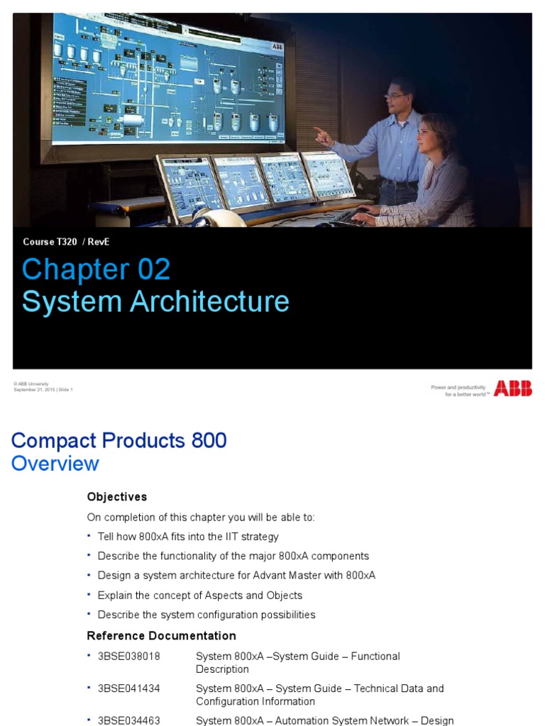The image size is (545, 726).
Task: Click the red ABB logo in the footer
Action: [x=512, y=388]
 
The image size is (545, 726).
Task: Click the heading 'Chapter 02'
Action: [x=96, y=269]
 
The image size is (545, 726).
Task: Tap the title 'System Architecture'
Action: [x=155, y=301]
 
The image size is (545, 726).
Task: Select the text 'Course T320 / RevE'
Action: [x=66, y=242]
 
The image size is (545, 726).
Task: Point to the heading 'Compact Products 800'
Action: [x=119, y=440]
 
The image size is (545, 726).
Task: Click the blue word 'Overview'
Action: [x=55, y=464]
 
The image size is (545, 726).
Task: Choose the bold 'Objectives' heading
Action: [x=116, y=496]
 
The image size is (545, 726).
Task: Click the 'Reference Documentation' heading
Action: [x=161, y=635]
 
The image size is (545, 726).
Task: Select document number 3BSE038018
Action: [x=128, y=657]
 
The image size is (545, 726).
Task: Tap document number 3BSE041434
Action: [x=128, y=688]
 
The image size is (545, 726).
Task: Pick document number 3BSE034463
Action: [x=128, y=720]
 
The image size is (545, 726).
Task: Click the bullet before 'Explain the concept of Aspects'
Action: [x=89, y=595]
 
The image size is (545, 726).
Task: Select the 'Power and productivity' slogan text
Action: [x=458, y=388]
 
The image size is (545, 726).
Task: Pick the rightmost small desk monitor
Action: [x=327, y=174]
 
